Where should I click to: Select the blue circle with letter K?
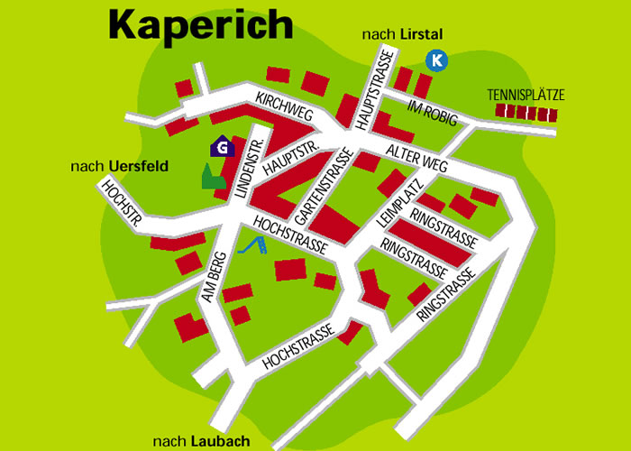[436, 60]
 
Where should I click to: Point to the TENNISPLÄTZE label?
[524, 94]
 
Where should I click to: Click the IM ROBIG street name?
[433, 115]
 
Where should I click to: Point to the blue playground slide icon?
[253, 244]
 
